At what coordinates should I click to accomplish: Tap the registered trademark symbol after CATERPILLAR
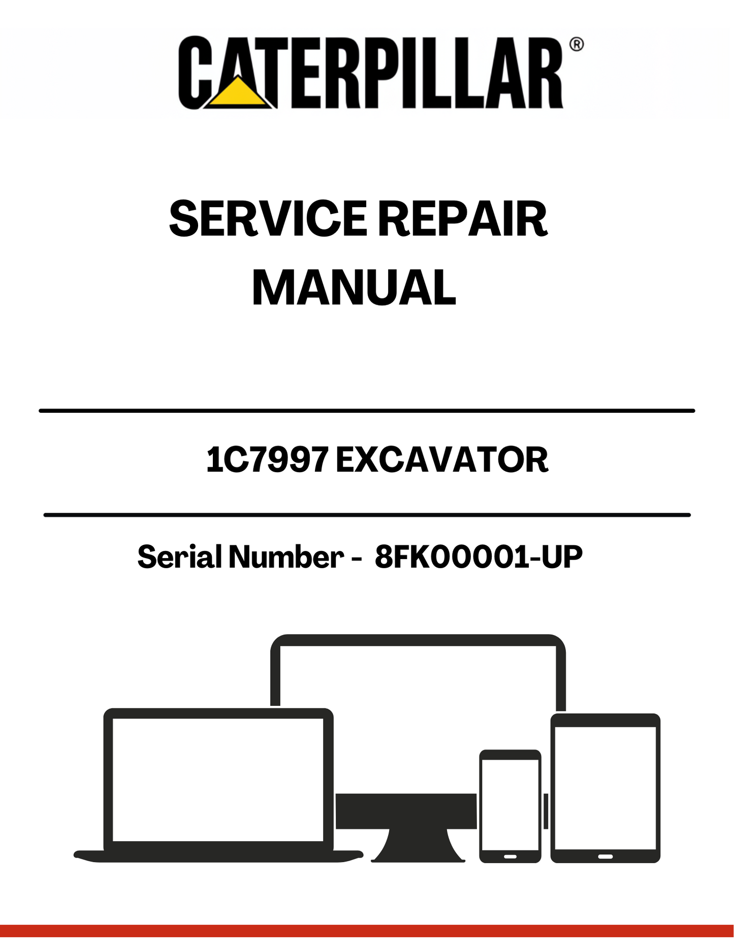coord(576,44)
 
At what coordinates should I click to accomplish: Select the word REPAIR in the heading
coord(462,219)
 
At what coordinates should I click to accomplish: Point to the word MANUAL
coord(354,288)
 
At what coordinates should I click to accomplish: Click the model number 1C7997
coord(267,460)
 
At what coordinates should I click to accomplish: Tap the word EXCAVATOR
coord(442,460)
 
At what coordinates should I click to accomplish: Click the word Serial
coord(180,557)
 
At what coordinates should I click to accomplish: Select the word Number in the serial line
coord(286,557)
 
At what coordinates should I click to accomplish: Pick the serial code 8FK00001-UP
coord(478,557)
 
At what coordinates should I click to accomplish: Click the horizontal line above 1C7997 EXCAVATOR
coord(367,410)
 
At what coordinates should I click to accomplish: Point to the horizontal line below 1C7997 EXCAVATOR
coord(367,515)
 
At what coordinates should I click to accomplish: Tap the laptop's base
coord(218,856)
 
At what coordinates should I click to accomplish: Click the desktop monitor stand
coord(418,845)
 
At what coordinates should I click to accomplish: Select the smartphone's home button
coord(510,857)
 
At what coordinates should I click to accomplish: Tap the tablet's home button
coord(605,857)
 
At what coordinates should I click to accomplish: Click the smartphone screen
coord(510,805)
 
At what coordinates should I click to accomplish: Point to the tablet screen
coord(605,788)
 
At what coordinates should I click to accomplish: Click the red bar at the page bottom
coord(367,931)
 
